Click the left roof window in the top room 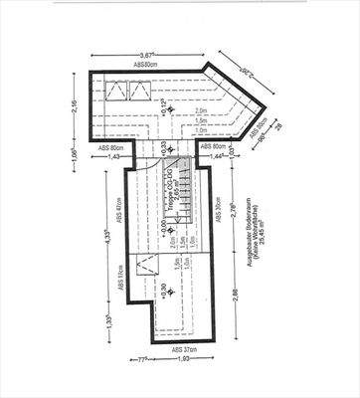click(115, 93)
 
